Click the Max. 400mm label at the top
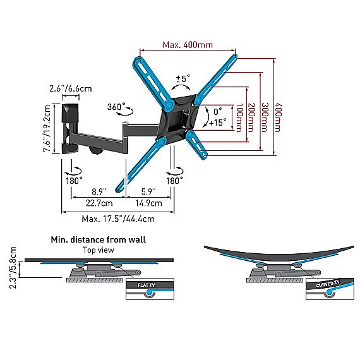tap(188, 45)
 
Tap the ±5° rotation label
tap(183, 78)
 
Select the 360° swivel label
tap(116, 107)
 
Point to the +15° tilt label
tap(217, 123)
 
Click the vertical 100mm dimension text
tap(239, 117)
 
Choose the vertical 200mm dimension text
tap(252, 117)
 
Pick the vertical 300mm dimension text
tap(265, 117)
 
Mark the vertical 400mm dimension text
tap(279, 117)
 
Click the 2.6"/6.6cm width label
tap(71, 88)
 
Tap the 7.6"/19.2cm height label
tap(47, 129)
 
